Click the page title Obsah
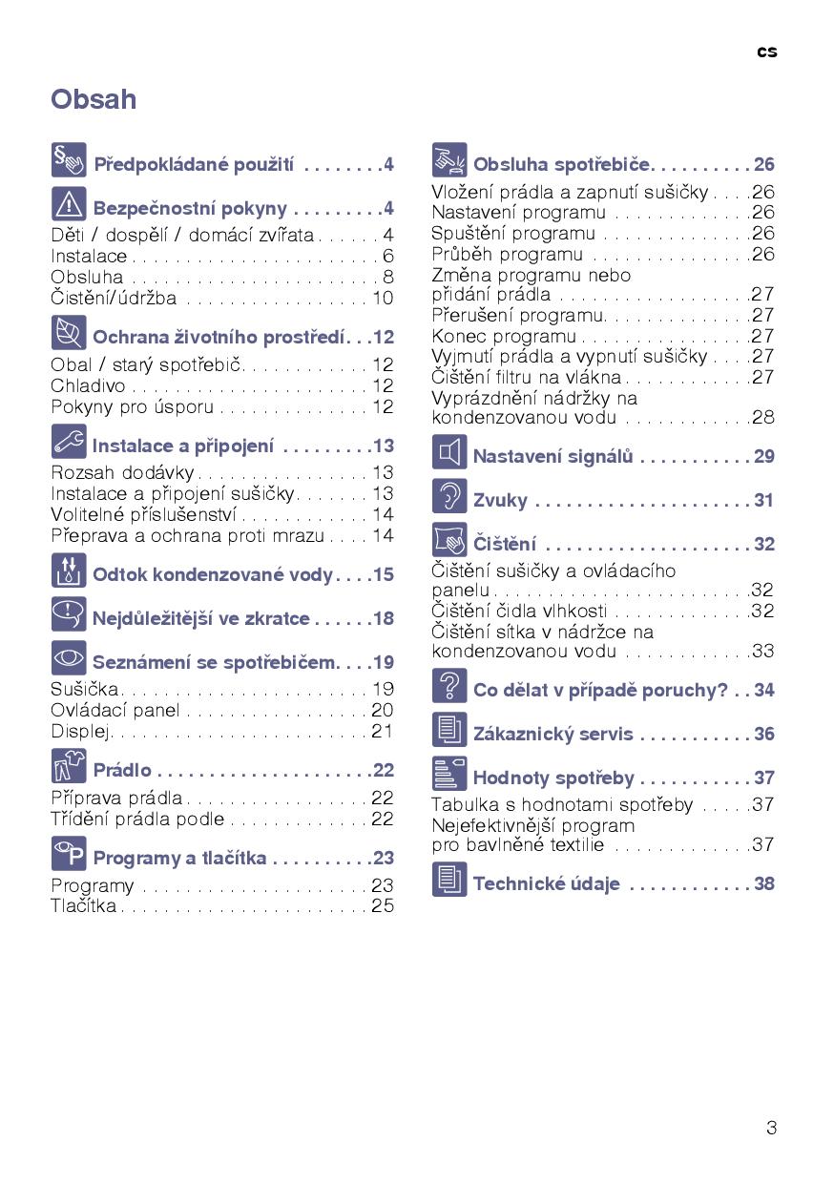point(94,99)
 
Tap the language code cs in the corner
point(767,52)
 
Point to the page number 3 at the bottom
point(771,1128)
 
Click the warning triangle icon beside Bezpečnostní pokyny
point(69,204)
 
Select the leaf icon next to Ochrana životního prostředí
point(69,333)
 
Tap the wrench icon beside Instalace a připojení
point(69,442)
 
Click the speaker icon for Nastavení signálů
point(449,452)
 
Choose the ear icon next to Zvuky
point(449,496)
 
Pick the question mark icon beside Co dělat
point(449,686)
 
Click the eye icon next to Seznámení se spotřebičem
point(69,658)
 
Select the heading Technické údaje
point(547,883)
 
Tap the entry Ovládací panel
point(115,710)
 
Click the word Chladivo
point(88,385)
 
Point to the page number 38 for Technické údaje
point(763,883)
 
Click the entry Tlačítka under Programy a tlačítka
point(84,905)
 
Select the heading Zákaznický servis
point(553,734)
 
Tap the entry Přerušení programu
point(518,315)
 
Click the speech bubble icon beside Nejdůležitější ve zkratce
point(69,614)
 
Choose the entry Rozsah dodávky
point(122,472)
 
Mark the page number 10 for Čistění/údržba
point(383,298)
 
